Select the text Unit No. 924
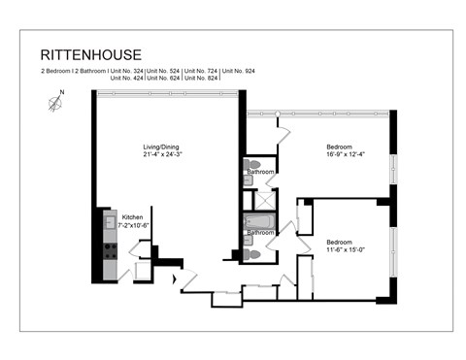tap(239, 72)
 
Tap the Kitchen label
tap(132, 216)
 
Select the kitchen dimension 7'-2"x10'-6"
tap(134, 224)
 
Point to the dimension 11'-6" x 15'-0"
tap(344, 249)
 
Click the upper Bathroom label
tap(259, 172)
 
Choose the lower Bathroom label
tap(259, 233)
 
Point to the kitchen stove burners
tap(110, 250)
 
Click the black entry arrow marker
tap(175, 281)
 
